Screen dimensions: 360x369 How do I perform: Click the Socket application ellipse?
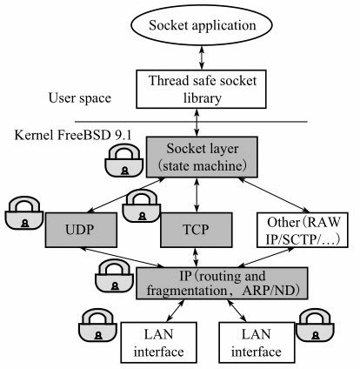click(x=202, y=25)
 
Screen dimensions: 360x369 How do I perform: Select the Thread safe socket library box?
click(x=201, y=89)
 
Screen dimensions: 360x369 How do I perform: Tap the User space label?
click(x=80, y=98)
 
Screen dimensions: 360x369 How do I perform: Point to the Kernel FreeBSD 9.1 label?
click(x=73, y=135)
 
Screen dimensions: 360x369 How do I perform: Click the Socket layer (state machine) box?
click(x=202, y=157)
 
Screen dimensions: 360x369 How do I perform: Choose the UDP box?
click(x=81, y=230)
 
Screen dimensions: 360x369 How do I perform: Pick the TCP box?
click(x=197, y=230)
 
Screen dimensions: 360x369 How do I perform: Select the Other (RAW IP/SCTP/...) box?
click(x=303, y=230)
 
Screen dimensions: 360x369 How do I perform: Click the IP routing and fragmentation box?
click(x=222, y=284)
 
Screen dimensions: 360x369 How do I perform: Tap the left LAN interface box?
click(x=159, y=342)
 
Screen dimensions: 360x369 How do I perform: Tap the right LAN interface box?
click(x=257, y=342)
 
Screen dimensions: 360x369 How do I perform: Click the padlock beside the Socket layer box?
click(x=124, y=160)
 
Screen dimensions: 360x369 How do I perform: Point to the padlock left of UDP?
click(x=24, y=212)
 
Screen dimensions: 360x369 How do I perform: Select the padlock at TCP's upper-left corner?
click(x=142, y=206)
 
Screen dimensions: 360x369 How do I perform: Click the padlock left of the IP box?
click(x=115, y=276)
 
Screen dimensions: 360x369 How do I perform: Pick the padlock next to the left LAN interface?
click(x=98, y=325)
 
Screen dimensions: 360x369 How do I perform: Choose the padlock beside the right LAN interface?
click(x=315, y=325)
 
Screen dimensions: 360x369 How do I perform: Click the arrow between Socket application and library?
click(x=202, y=57)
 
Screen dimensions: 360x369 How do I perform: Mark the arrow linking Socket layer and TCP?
click(x=197, y=195)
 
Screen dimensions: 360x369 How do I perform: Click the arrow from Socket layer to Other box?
click(x=274, y=195)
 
